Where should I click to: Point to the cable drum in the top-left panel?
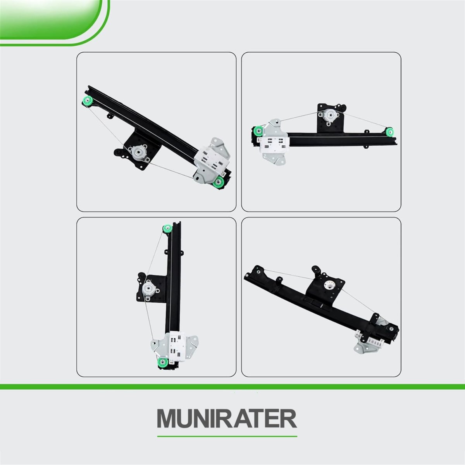(138, 153)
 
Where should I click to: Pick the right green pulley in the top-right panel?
(389, 132)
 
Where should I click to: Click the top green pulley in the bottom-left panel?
(168, 229)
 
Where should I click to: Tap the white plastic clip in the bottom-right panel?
(370, 337)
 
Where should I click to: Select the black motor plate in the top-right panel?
(331, 118)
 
